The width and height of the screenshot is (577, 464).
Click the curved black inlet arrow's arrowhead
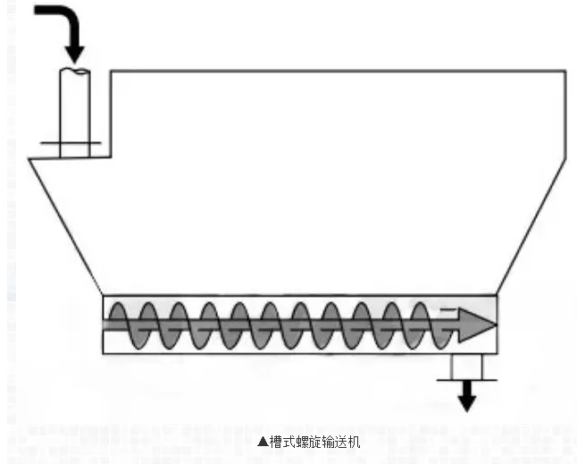(x=74, y=50)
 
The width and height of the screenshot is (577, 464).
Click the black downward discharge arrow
(x=467, y=397)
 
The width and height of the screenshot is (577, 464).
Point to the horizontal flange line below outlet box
(x=467, y=379)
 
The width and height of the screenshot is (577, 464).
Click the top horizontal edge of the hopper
(x=339, y=71)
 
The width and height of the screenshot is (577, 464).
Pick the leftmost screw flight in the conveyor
(x=125, y=325)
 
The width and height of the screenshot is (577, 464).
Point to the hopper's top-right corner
(x=564, y=71)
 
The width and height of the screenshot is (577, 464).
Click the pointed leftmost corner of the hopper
(x=29, y=159)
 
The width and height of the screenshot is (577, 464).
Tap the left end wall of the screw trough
(x=104, y=325)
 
